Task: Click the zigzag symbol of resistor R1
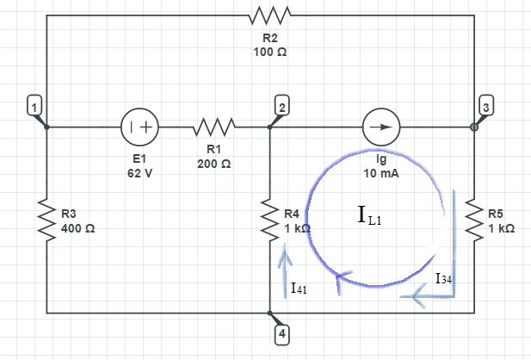click(x=213, y=127)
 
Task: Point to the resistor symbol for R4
click(x=269, y=220)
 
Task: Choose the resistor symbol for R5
click(x=474, y=220)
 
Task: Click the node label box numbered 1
click(x=33, y=107)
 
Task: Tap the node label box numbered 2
click(x=282, y=107)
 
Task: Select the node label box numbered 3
click(x=487, y=107)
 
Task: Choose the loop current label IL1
click(x=368, y=216)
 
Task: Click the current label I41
click(x=299, y=289)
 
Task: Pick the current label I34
click(x=443, y=278)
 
